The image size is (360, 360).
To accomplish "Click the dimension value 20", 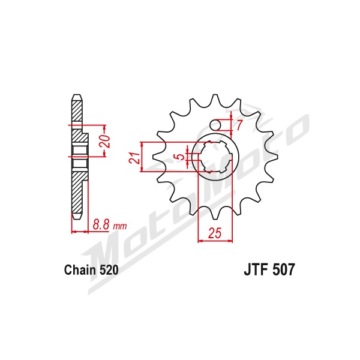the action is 104,141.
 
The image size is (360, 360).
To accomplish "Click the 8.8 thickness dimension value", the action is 101,224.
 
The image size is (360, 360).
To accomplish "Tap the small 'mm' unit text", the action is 120,226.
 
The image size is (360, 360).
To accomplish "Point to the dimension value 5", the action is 181,157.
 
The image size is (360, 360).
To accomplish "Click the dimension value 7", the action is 239,125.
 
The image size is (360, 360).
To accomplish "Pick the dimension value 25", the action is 215,233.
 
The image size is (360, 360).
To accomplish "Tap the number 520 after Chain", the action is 109,270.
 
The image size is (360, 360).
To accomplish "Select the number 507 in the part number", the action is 283,269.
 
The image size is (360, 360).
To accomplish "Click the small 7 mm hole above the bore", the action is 215,125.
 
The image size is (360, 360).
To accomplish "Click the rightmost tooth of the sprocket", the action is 276,157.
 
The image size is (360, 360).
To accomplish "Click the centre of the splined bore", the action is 215,157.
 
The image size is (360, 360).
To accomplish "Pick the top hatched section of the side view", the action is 77,110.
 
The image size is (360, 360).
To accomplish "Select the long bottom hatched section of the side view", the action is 77,193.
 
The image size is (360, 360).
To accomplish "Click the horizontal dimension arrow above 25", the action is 215,241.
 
